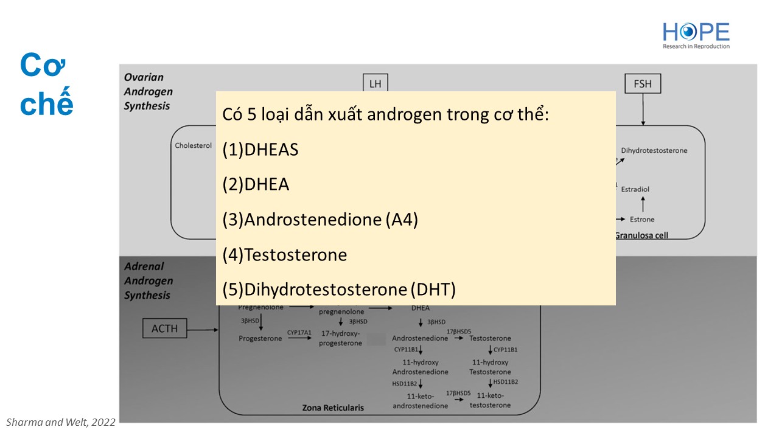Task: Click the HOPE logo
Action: click(x=696, y=35)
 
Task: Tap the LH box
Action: click(x=375, y=83)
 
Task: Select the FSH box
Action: click(x=642, y=83)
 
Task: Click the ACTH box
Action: click(x=164, y=328)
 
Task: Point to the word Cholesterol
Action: click(x=193, y=146)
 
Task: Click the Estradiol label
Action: click(x=635, y=189)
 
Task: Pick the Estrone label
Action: click(x=642, y=219)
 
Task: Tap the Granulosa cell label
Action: click(x=642, y=235)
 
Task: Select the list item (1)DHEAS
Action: click(x=260, y=150)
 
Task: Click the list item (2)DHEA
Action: click(x=256, y=185)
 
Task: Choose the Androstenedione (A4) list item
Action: click(x=320, y=220)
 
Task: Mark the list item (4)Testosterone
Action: click(x=285, y=255)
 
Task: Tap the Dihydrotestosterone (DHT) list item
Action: click(x=339, y=290)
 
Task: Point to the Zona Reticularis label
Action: click(x=333, y=408)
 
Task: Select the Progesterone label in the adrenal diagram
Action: click(x=260, y=338)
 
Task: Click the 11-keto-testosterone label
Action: click(x=490, y=400)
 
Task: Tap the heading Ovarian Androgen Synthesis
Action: click(x=148, y=91)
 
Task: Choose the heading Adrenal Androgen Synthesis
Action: click(x=148, y=280)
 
